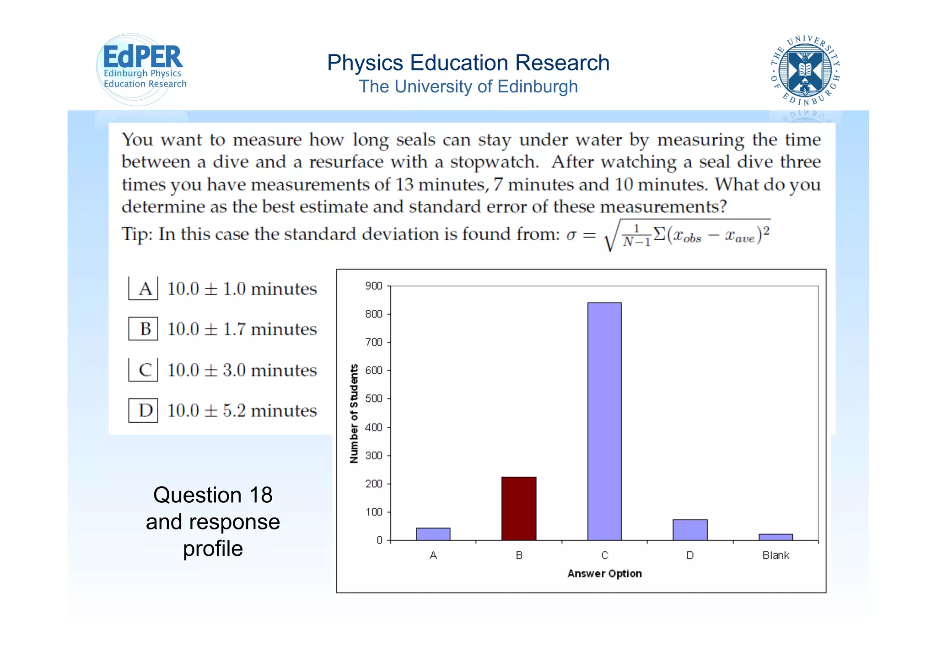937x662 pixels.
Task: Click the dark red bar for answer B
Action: click(518, 508)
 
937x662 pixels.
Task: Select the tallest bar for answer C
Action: click(604, 421)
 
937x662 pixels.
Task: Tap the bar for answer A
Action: click(433, 534)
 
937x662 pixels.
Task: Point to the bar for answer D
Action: click(690, 530)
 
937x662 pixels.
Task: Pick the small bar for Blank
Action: click(775, 537)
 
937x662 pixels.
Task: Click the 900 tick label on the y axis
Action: click(373, 286)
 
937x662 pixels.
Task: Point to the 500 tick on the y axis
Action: click(373, 398)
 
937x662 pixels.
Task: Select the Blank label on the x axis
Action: click(775, 555)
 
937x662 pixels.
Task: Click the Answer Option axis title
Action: click(604, 574)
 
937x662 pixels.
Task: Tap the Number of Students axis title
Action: click(354, 414)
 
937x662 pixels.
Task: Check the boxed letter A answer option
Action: click(144, 289)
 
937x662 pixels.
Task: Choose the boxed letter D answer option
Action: click(144, 410)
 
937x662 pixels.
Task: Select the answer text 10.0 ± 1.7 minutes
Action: click(242, 329)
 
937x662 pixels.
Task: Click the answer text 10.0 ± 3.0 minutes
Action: click(242, 370)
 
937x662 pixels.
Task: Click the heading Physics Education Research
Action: click(468, 63)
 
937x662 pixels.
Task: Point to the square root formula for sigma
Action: click(686, 235)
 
